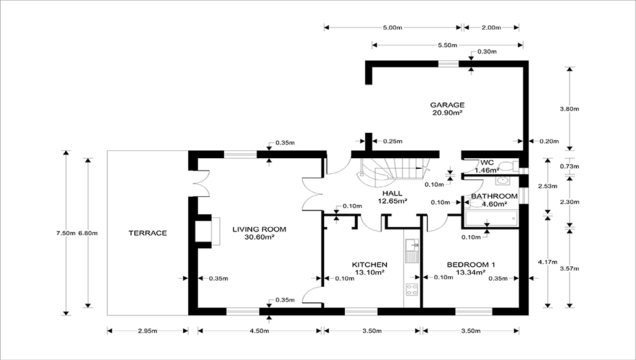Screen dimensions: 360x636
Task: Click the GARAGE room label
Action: point(447,105)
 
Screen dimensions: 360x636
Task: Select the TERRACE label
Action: point(147,233)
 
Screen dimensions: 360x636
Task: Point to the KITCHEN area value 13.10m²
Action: point(369,272)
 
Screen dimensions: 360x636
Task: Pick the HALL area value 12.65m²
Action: point(394,200)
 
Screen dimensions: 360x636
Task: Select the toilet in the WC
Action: point(508,166)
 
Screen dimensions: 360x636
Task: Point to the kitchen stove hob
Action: point(411,288)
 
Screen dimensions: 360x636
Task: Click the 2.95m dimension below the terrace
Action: point(147,331)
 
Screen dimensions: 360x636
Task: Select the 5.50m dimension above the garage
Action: point(447,45)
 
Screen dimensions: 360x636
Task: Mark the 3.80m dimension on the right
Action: point(569,109)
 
